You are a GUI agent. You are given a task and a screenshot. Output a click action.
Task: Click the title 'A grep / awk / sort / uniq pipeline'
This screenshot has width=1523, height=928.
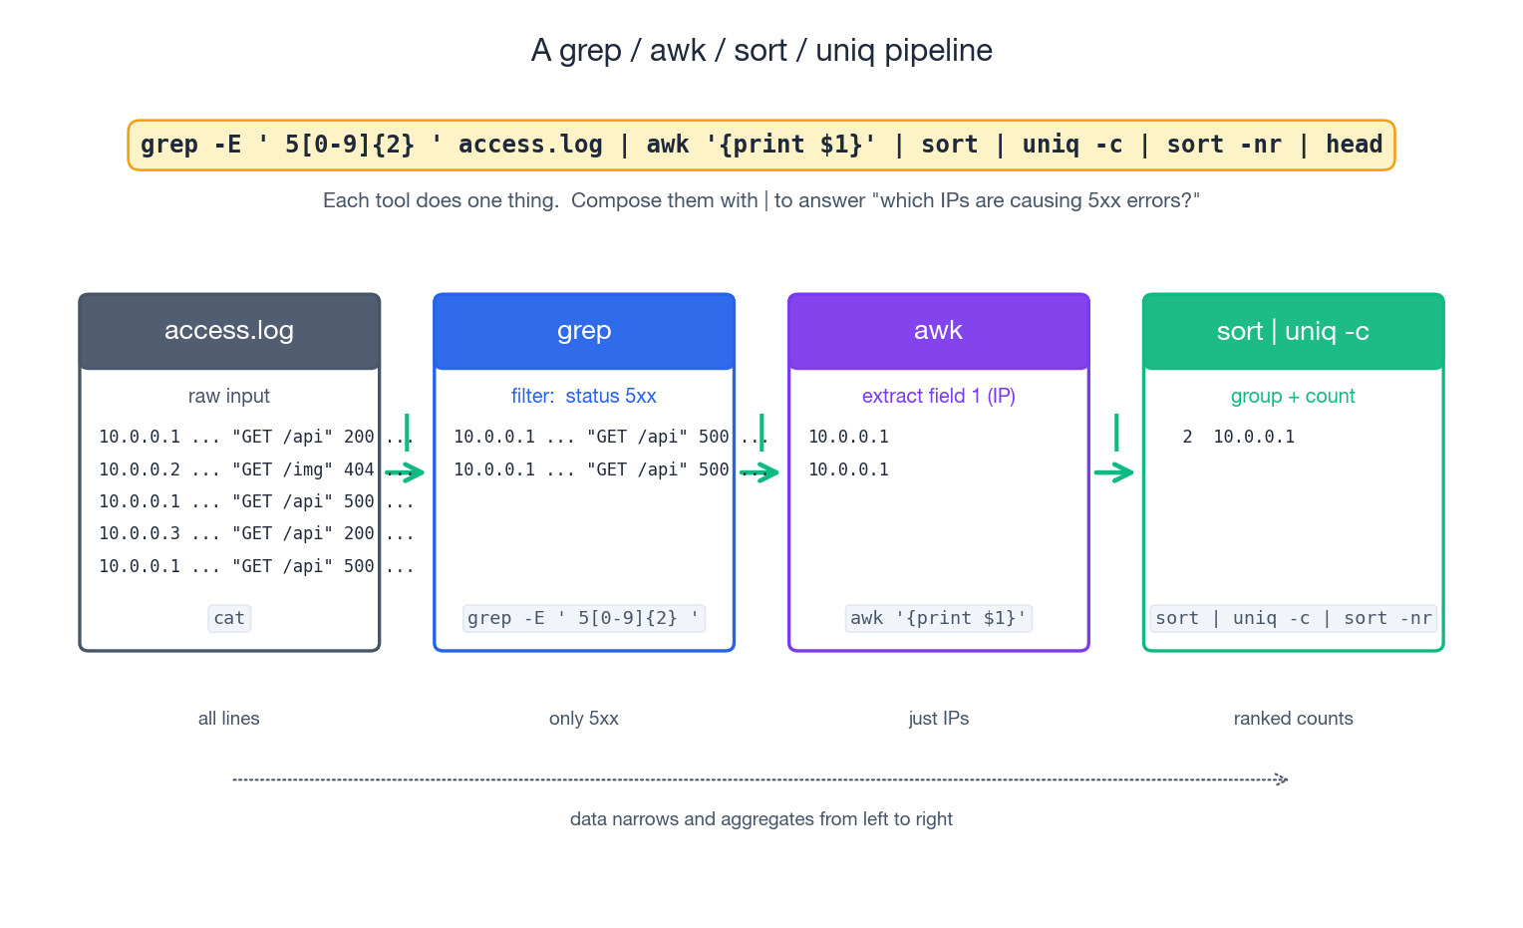(x=761, y=50)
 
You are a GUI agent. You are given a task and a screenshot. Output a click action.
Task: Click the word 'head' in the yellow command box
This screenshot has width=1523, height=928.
(x=1354, y=145)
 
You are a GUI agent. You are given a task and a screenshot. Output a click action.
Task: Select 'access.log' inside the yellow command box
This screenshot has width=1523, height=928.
(x=530, y=145)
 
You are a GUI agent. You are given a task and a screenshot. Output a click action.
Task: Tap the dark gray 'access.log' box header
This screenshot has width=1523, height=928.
(x=229, y=331)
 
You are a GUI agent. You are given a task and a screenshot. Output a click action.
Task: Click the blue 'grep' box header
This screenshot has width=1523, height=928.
(x=584, y=331)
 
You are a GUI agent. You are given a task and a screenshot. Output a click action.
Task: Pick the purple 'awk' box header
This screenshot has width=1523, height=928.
(x=938, y=331)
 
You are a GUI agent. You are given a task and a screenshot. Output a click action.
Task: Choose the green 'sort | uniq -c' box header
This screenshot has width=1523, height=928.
(x=1293, y=331)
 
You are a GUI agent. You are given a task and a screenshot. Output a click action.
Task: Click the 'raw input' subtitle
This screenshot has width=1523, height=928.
(x=229, y=396)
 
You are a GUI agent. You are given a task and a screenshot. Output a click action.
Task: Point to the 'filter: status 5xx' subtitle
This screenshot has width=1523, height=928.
(x=584, y=396)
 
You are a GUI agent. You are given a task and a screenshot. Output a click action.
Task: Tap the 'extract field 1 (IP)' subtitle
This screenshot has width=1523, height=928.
(x=938, y=396)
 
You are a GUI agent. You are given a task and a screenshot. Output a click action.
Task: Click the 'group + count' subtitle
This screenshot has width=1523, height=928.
(x=1293, y=396)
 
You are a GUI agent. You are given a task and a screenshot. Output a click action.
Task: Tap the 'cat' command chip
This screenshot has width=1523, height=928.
(x=229, y=618)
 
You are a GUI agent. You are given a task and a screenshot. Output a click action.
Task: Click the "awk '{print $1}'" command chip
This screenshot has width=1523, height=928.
(x=938, y=618)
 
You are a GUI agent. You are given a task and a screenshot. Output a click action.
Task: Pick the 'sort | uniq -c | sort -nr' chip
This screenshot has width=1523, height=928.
(x=1293, y=618)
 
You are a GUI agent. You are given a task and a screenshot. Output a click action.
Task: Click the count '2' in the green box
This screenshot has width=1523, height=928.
(x=1187, y=437)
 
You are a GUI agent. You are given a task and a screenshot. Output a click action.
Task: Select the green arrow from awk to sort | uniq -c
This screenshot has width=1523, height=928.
(x=1114, y=471)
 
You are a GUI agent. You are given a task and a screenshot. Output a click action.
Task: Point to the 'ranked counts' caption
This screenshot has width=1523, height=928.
(x=1293, y=719)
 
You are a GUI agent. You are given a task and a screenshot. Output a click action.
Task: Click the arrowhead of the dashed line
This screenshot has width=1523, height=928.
(x=1283, y=779)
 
